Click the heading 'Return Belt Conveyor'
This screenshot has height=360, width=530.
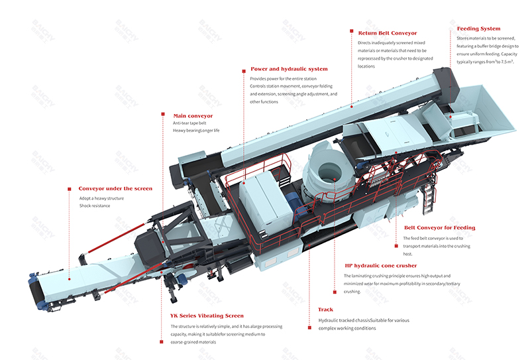point(387,32)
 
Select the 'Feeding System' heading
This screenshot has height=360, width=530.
point(478,29)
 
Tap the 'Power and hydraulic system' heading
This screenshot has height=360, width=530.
point(289,68)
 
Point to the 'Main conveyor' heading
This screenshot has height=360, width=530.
point(193,115)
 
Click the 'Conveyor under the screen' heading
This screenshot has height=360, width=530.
point(115,188)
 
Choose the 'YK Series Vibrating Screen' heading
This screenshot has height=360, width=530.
point(207,316)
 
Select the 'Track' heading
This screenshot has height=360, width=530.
point(326,310)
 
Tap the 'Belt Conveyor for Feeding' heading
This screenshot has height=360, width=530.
point(439,227)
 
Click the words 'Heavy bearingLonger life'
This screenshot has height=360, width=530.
point(196,131)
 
